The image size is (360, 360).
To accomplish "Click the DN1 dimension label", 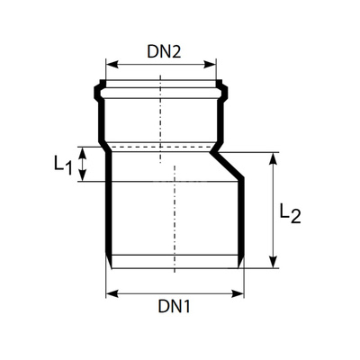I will point(175,307).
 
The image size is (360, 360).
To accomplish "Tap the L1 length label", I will point(61,165).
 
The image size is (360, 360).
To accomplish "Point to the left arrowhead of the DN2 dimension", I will point(110,64).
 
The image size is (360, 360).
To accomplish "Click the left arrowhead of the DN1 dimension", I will point(110,292).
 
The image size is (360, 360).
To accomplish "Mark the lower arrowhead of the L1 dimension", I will point(84,178).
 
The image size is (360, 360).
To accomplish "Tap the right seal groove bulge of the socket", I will point(225,92).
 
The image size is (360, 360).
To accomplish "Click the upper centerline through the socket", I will point(161,108).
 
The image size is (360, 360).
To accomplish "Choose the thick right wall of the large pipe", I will point(241,220).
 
